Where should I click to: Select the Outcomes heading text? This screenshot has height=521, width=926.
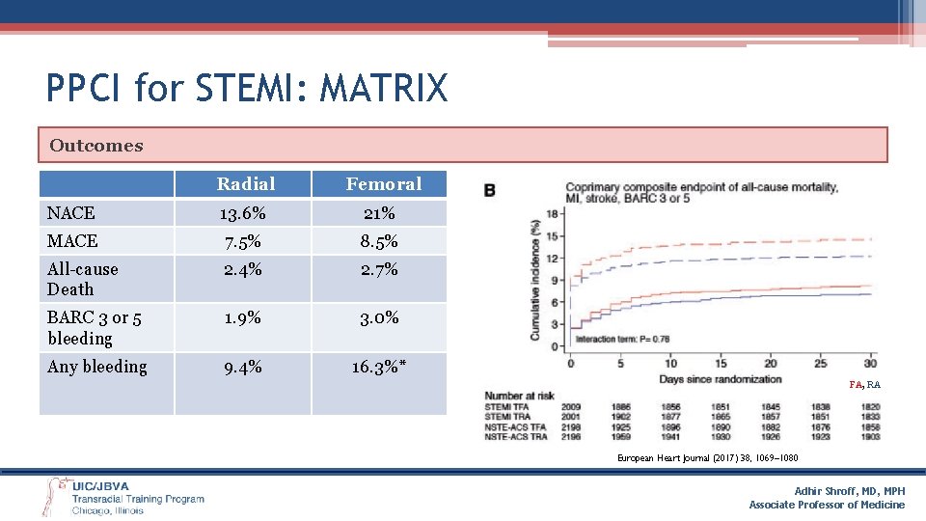(x=95, y=146)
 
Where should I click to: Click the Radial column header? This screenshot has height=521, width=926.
(x=245, y=183)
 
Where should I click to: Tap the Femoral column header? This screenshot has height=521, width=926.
(x=383, y=183)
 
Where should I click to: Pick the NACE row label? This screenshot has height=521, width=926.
(x=71, y=212)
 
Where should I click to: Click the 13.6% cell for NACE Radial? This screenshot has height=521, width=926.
(x=241, y=212)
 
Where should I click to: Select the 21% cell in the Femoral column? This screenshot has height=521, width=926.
(x=378, y=212)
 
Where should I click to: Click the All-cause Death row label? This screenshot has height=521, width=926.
(x=83, y=279)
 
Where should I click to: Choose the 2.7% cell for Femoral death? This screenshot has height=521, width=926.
(x=378, y=269)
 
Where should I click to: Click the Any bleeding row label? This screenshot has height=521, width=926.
(x=97, y=367)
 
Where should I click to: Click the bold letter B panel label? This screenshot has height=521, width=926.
(x=489, y=190)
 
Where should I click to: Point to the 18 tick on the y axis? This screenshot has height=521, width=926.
(x=551, y=213)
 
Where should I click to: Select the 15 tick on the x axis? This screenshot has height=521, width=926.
(x=721, y=364)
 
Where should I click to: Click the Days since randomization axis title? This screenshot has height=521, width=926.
(x=720, y=378)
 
